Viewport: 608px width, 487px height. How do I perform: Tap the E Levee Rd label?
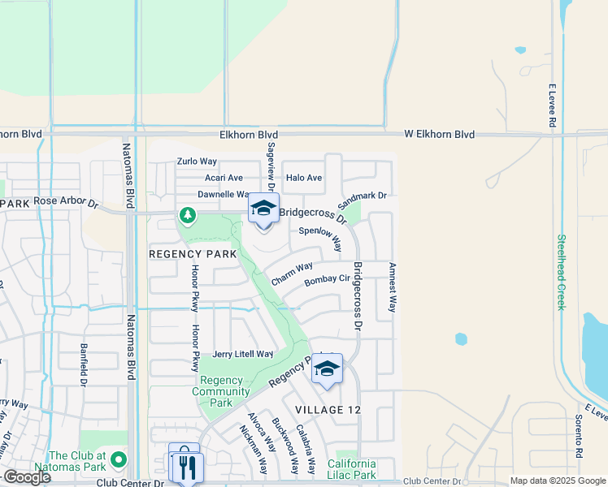tap(552, 105)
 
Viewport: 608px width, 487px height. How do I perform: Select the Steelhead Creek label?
tap(561, 272)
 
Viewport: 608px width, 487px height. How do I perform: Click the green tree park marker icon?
tap(188, 215)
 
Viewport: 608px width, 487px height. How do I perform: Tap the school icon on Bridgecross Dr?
tap(263, 209)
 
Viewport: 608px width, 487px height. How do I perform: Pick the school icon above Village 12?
tap(327, 369)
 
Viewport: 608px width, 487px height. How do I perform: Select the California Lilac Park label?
tap(352, 469)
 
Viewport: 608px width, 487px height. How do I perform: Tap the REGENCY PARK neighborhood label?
tap(193, 254)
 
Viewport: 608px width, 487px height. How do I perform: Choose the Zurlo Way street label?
tap(198, 162)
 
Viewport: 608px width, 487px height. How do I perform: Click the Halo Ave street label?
tap(303, 178)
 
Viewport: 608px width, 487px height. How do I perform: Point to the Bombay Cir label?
tap(327, 280)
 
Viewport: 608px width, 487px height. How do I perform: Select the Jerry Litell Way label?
tap(243, 354)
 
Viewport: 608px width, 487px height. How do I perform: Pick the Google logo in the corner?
tap(27, 477)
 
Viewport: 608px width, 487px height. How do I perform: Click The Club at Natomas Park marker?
tap(119, 461)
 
